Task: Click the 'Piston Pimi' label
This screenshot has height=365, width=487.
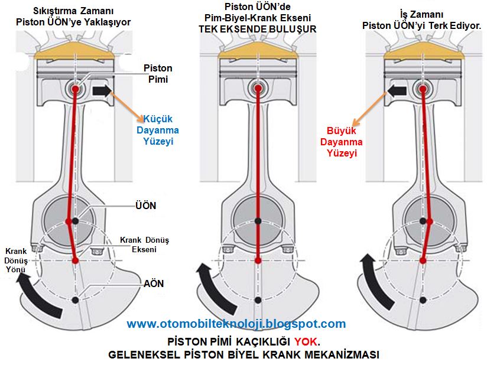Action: tap(158, 74)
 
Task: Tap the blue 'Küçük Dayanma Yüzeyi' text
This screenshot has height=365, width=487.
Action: tap(158, 130)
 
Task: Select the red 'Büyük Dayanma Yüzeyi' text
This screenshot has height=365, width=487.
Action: tap(342, 142)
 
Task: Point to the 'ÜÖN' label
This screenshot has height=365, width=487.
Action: tap(145, 205)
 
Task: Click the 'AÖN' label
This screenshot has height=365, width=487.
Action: tap(154, 283)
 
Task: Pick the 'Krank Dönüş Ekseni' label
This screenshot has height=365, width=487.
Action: tap(144, 245)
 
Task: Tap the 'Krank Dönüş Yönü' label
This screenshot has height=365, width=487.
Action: tap(16, 260)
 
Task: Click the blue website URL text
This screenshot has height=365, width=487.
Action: tap(236, 324)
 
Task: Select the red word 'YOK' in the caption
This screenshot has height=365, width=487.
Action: tap(306, 342)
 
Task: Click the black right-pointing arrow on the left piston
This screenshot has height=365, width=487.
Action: tap(102, 90)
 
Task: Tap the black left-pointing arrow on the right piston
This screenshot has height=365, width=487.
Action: tap(397, 90)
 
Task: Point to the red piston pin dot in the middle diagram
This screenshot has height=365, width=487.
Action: tap(258, 89)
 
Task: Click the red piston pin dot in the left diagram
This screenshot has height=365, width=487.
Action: tap(76, 89)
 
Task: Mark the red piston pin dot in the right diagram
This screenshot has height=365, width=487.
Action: tap(423, 89)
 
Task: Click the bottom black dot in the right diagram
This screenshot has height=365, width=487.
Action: tap(423, 300)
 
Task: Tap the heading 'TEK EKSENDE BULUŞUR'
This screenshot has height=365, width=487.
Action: tap(258, 29)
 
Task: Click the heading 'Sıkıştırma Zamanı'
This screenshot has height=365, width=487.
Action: tap(73, 11)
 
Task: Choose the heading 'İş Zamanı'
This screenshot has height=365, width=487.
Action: tap(421, 14)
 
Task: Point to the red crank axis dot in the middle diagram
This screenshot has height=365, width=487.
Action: tap(258, 260)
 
